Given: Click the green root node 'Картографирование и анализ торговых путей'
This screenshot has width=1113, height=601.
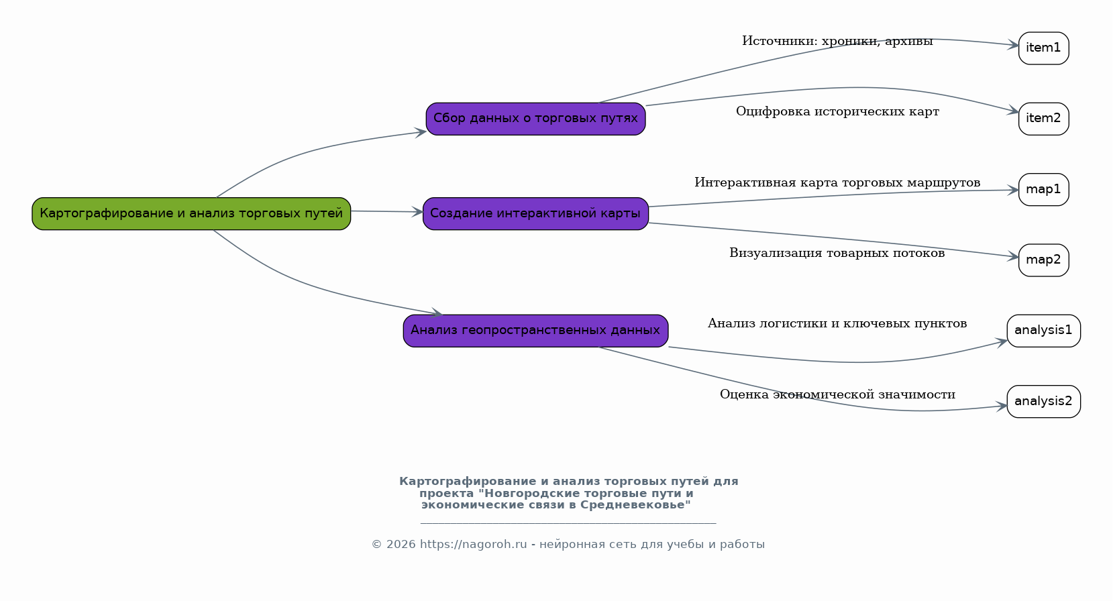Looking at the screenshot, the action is [191, 213].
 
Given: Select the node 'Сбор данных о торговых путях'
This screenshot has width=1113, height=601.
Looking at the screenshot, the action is [535, 119].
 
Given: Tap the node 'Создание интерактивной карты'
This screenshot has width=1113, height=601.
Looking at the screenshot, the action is [535, 213].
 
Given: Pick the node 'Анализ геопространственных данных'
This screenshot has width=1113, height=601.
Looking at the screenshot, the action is [535, 331].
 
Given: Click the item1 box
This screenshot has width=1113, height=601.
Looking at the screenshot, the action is [1043, 48].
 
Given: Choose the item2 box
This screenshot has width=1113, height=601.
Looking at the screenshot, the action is [1043, 119].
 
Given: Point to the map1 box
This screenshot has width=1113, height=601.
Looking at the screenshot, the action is [1043, 189].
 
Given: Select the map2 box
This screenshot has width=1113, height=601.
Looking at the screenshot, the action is [1043, 260].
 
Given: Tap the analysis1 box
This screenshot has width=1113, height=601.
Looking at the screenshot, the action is [1043, 331].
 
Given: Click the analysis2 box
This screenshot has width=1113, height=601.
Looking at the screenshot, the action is [1043, 401].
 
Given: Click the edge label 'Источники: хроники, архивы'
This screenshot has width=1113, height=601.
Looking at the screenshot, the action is [837, 41].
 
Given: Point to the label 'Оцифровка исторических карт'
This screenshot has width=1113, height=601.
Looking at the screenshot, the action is [837, 112].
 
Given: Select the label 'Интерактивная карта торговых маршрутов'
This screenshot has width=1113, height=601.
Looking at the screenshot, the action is [837, 183].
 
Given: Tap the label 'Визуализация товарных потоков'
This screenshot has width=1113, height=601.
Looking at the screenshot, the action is [837, 254].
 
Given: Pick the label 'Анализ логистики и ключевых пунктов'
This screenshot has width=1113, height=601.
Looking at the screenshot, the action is [837, 324].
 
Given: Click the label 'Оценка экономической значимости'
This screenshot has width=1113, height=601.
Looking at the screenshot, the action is [837, 395].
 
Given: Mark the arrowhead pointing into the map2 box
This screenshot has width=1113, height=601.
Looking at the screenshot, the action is [1013, 257].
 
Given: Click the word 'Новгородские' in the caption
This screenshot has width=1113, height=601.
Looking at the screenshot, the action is [531, 493].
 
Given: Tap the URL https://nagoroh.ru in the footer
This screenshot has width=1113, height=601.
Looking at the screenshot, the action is [474, 545].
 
